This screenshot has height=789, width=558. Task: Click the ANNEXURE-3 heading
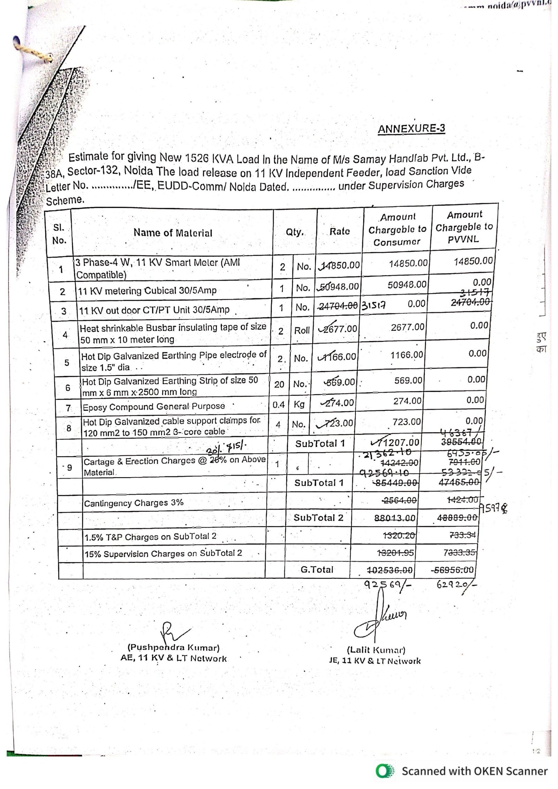[x=411, y=129]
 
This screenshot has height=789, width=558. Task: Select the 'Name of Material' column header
[x=173, y=233]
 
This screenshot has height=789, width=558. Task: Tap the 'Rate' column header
[x=339, y=231]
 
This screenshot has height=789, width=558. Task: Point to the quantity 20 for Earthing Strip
[x=279, y=384]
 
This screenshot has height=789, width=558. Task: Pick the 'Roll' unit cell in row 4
[x=302, y=330]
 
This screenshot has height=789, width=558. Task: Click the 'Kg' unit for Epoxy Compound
[x=299, y=404]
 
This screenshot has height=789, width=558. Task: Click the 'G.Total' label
[x=317, y=570]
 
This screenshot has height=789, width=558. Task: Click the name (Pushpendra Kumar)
[x=173, y=648]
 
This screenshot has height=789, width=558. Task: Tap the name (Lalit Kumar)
[x=376, y=650]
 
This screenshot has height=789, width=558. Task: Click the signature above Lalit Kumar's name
[x=380, y=620]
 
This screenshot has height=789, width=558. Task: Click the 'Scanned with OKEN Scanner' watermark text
[x=474, y=771]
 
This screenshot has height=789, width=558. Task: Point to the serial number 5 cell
[x=67, y=363]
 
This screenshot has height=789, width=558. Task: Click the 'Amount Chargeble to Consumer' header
[x=397, y=230]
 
